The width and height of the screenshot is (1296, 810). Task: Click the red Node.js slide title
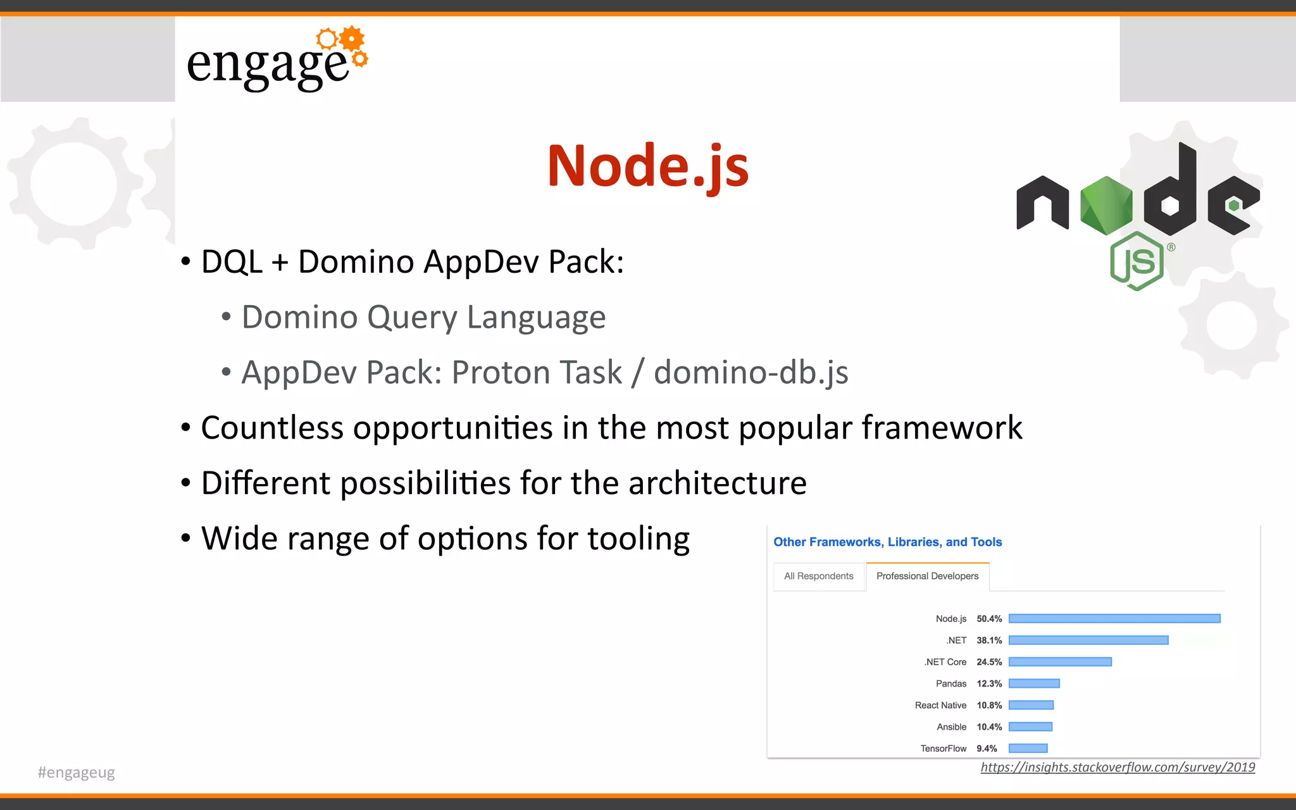click(648, 166)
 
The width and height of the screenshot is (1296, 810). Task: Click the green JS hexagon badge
click(1137, 261)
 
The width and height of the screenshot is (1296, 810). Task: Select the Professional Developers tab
click(927, 576)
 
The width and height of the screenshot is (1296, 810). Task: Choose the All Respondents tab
click(818, 576)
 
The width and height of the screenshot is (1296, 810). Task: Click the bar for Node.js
click(1114, 618)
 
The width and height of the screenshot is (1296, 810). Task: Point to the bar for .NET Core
click(1060, 662)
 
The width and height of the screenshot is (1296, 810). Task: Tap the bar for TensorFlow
click(1028, 749)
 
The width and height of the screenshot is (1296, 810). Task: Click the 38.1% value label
click(989, 640)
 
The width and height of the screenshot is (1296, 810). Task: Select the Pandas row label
click(950, 683)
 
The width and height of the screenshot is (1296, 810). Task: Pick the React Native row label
click(940, 705)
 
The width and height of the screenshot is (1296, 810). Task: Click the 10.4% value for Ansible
click(989, 727)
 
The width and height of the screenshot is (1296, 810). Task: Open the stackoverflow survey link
click(1118, 768)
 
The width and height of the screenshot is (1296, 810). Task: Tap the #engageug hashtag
click(76, 773)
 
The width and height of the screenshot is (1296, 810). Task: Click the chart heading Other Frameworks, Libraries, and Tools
click(887, 542)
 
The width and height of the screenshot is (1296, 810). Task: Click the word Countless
click(272, 428)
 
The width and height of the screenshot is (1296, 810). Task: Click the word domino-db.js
click(751, 372)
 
